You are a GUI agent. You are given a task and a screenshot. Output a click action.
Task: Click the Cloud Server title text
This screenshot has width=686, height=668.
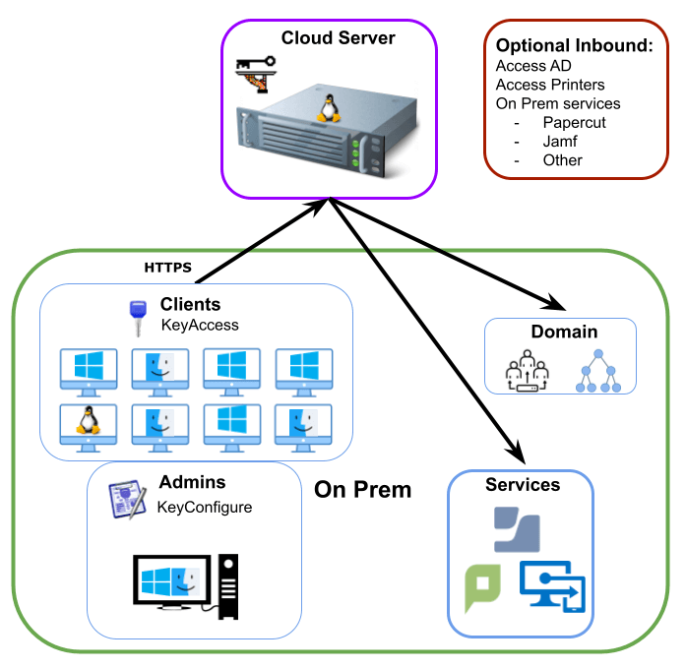point(338,38)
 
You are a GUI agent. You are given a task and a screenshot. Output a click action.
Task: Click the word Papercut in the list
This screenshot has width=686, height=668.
point(574,123)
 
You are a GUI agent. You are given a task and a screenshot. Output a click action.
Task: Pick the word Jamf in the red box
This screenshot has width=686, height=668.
point(559,142)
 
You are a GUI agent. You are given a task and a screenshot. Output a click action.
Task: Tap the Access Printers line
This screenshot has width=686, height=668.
point(550,85)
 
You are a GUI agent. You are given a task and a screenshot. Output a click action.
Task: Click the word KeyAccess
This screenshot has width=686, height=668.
point(200,325)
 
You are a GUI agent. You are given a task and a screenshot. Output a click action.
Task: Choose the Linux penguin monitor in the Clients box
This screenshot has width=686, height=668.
point(87,425)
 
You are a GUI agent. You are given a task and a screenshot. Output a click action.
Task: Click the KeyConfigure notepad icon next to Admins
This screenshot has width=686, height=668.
point(127,498)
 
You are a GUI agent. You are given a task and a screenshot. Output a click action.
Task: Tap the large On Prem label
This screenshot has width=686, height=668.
point(362,489)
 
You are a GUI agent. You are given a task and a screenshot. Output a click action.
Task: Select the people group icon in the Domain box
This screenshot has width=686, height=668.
point(525,373)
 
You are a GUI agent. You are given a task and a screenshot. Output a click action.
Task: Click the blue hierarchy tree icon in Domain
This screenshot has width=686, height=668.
point(598,373)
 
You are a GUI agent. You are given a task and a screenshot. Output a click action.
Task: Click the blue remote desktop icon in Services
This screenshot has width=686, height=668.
point(551,588)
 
